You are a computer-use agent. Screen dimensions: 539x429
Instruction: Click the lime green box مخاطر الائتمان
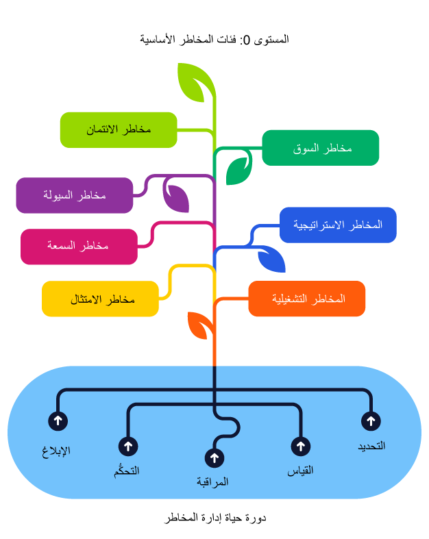(x=119, y=129)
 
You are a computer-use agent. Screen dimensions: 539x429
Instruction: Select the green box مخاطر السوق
(x=321, y=147)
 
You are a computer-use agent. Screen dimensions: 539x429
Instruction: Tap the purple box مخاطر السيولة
(x=75, y=195)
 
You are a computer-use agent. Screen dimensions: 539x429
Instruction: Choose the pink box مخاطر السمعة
(x=79, y=246)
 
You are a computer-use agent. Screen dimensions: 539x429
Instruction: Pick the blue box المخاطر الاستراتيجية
(x=338, y=225)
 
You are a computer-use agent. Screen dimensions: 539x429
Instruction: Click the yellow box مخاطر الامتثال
(x=100, y=299)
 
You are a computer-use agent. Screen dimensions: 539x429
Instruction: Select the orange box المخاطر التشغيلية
(x=307, y=299)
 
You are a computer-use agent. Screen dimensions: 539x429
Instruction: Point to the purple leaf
(x=177, y=197)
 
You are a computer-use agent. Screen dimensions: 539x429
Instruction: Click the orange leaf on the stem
(x=199, y=325)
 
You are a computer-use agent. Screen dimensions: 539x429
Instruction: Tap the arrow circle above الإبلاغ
(x=58, y=421)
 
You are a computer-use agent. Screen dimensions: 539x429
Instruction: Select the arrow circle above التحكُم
(x=128, y=447)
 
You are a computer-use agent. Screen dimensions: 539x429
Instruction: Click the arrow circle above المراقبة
(x=214, y=458)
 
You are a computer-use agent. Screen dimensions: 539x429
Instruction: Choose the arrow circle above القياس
(x=301, y=447)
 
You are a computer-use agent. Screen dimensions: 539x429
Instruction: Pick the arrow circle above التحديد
(x=371, y=421)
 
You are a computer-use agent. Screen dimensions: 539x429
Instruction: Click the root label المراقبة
(x=212, y=481)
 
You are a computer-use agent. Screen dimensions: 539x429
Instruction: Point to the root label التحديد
(x=371, y=446)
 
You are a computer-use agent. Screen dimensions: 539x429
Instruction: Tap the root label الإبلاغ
(x=56, y=451)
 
